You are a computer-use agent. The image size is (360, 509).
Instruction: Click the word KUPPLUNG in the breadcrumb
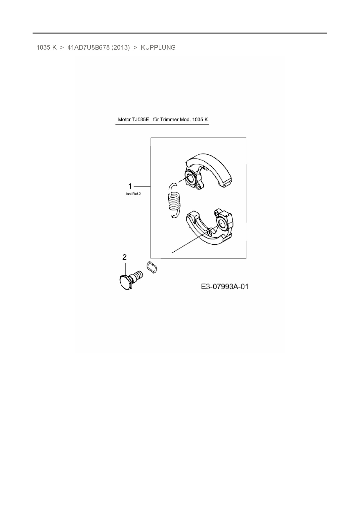pos(158,48)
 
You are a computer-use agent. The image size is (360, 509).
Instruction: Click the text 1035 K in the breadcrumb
pos(46,48)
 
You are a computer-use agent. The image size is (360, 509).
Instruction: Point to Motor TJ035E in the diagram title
pos(133,120)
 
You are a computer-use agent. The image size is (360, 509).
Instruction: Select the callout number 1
pos(130,186)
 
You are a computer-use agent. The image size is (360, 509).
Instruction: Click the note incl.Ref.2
pos(133,194)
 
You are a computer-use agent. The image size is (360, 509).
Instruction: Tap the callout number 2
pos(125,257)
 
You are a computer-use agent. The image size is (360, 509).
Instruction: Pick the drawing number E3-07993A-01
pos(225,287)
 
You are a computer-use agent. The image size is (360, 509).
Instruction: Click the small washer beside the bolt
pos(152,267)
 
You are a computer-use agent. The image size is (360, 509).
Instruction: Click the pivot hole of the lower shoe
pos(221,223)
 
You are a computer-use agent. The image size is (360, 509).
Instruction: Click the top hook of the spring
pos(173,186)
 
